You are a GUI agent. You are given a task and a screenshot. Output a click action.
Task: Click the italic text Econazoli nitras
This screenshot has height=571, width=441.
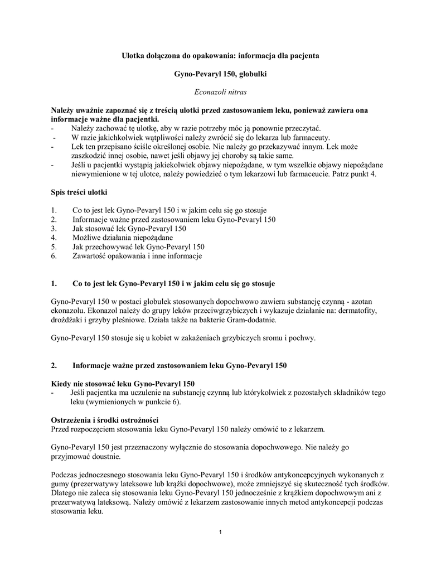point(220,91)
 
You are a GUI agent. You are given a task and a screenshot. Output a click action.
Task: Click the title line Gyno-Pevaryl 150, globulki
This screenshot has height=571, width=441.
point(220,74)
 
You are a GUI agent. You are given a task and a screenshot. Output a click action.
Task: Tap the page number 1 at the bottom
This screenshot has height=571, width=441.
point(221,531)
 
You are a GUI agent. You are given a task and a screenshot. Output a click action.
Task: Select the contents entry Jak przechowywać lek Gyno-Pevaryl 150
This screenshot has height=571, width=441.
point(138,246)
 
